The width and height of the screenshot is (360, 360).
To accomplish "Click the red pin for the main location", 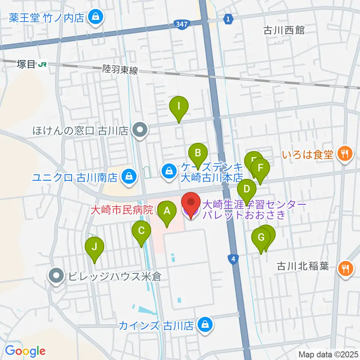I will click(190, 203).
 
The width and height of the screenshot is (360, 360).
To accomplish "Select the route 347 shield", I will click(181, 25).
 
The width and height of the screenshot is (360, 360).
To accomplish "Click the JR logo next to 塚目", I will click(42, 65).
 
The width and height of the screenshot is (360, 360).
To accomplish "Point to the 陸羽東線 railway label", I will click(120, 69).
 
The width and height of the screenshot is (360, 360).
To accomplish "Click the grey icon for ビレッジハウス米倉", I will click(57, 276).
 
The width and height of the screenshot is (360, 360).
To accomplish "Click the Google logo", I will click(25, 351).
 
